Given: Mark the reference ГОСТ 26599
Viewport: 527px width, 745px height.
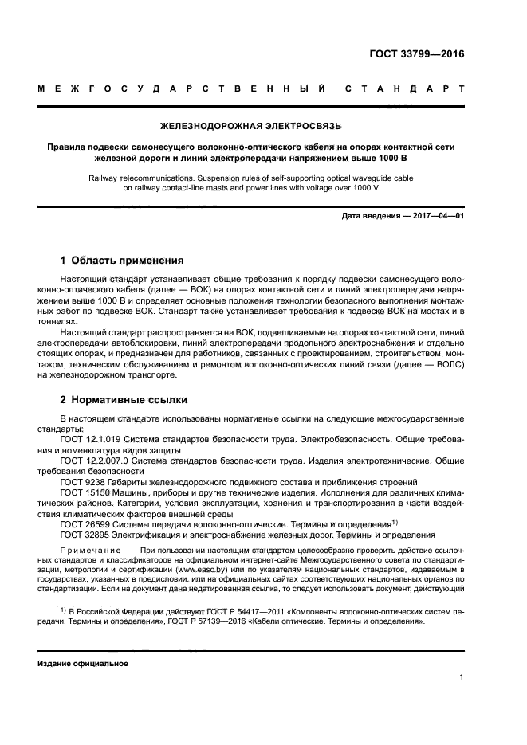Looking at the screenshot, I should (x=87, y=524).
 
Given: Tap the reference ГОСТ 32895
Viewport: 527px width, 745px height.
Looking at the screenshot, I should (x=87, y=535).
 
